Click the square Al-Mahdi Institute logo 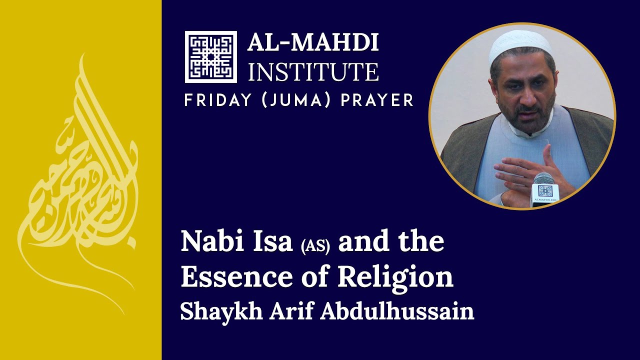(210, 56)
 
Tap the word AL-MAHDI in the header (313, 43)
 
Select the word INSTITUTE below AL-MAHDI (313, 71)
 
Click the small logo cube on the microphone (545, 190)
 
